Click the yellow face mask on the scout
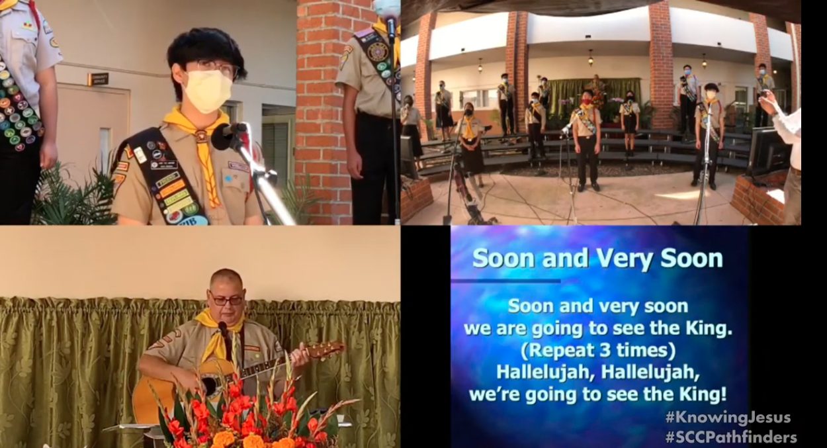[208, 90]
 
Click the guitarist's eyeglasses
[226, 299]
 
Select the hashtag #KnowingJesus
[728, 418]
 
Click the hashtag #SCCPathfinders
[730, 437]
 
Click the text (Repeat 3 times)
[597, 351]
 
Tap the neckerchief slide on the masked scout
[201, 136]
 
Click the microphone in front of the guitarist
[223, 327]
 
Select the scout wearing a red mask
[586, 138]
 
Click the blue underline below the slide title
[505, 281]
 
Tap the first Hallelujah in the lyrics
[545, 373]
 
